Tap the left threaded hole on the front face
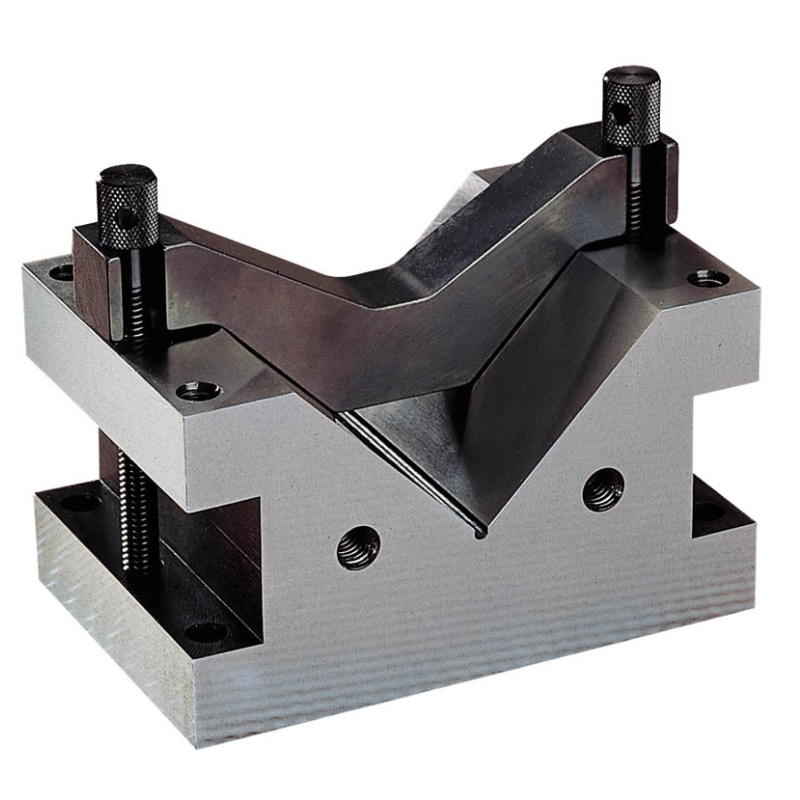[358, 548]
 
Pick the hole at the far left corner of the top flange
[62, 270]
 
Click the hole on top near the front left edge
[197, 391]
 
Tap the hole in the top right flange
[707, 278]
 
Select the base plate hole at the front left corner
[205, 631]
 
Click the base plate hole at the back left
[80, 501]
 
